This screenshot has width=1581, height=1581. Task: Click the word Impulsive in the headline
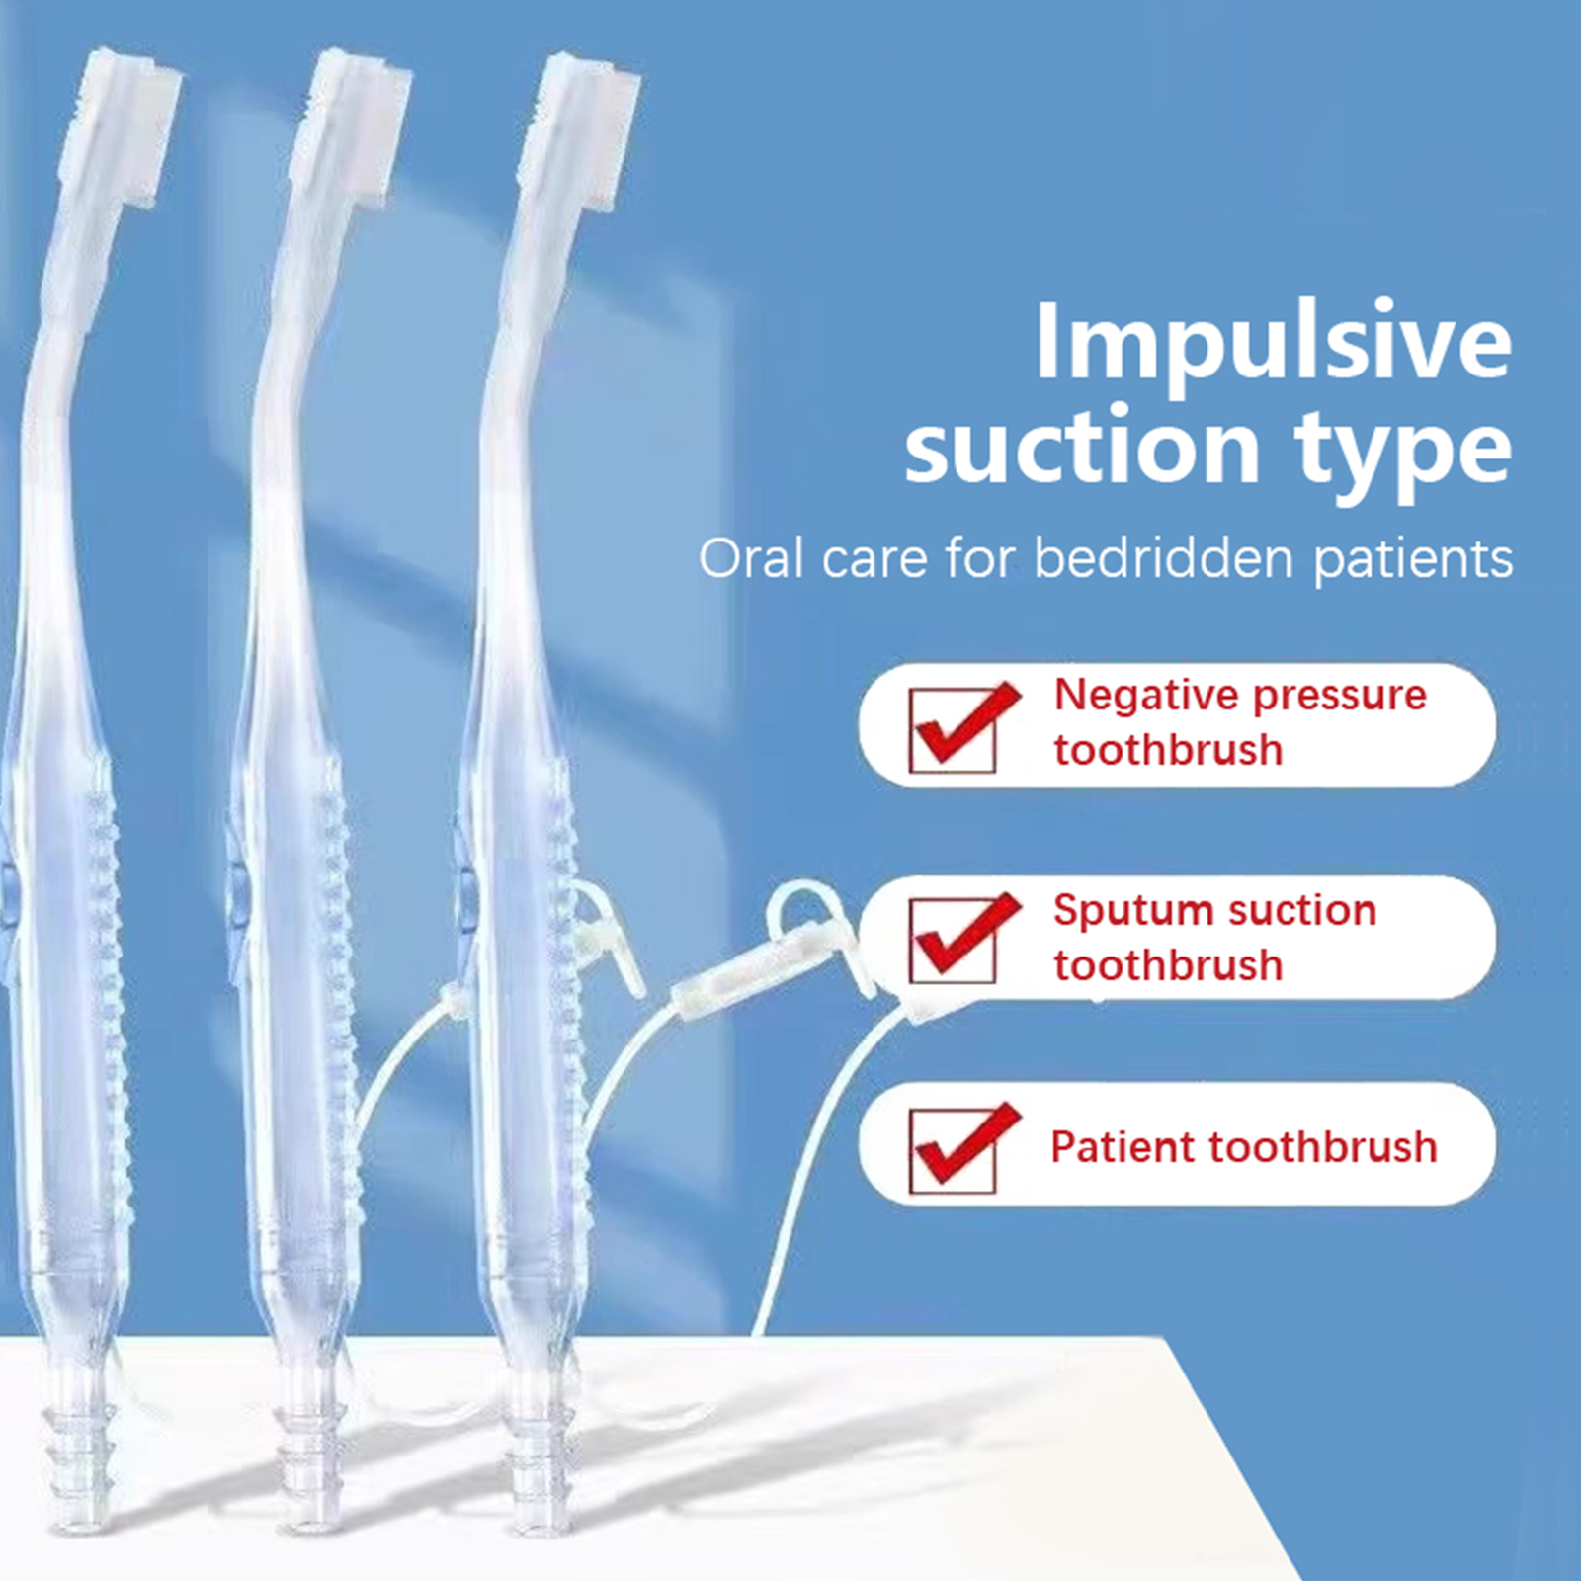[1273, 342]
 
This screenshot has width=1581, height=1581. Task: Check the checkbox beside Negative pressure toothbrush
[955, 729]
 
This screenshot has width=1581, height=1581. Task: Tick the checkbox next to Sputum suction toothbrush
[955, 941]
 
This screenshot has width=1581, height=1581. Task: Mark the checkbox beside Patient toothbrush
[955, 1150]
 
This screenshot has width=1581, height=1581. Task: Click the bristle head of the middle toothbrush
[353, 128]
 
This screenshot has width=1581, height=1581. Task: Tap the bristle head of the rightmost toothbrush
[583, 133]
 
